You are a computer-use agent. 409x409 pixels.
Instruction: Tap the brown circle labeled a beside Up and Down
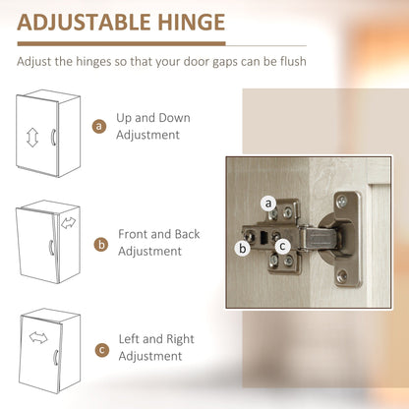(x=98, y=126)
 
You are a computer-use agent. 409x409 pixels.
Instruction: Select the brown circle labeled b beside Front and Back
(x=99, y=243)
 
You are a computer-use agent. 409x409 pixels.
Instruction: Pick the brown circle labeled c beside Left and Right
(x=99, y=349)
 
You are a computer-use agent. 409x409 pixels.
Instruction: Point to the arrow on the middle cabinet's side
(x=69, y=222)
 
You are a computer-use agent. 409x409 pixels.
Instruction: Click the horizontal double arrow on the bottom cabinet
(x=38, y=338)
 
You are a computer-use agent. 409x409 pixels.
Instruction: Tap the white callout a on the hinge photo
(x=267, y=204)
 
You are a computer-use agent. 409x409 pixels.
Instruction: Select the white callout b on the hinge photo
(x=242, y=248)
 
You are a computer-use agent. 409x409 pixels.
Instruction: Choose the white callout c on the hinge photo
(x=282, y=246)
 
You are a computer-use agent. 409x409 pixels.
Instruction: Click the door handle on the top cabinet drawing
(x=53, y=139)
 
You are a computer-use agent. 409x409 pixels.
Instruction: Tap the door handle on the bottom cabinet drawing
(x=56, y=355)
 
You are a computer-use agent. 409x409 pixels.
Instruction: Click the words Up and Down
(x=152, y=117)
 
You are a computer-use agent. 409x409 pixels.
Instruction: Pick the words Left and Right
(x=155, y=340)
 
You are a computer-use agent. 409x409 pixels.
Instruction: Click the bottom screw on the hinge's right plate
(x=341, y=278)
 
